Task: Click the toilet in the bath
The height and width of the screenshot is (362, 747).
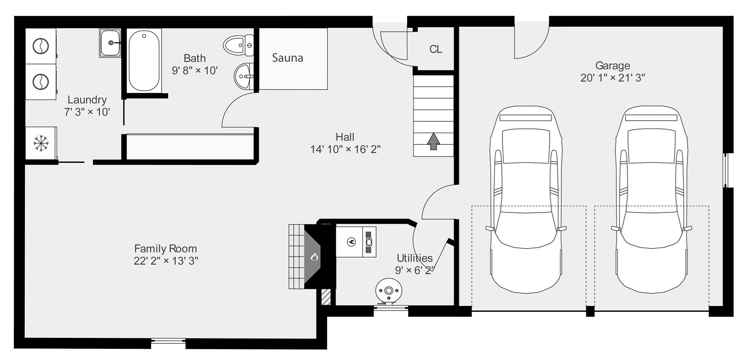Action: click(238, 46)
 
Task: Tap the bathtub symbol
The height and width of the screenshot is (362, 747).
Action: click(144, 60)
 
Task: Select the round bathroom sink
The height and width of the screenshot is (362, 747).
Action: click(244, 76)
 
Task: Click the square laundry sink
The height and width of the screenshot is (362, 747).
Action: click(110, 43)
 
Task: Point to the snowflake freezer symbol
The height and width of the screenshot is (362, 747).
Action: click(41, 143)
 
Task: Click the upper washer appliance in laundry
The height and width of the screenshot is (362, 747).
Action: click(40, 46)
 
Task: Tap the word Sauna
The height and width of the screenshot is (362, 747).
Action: click(287, 58)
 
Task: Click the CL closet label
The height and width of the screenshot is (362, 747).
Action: click(436, 49)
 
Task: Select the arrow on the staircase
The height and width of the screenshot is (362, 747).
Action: click(433, 141)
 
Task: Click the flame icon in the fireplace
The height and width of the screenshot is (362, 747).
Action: click(314, 257)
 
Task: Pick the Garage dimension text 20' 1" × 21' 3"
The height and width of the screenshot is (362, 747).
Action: click(612, 78)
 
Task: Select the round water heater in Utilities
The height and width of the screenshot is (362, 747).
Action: click(389, 291)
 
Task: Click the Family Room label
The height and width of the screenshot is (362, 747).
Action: click(166, 249)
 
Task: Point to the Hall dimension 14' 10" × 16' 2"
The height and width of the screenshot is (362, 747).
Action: click(345, 149)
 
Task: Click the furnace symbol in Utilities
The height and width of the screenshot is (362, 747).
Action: click(356, 242)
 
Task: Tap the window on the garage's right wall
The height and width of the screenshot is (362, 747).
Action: click(725, 170)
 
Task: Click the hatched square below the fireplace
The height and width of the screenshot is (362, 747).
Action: click(326, 297)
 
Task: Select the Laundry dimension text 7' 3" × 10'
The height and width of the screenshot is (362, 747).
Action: click(87, 112)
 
